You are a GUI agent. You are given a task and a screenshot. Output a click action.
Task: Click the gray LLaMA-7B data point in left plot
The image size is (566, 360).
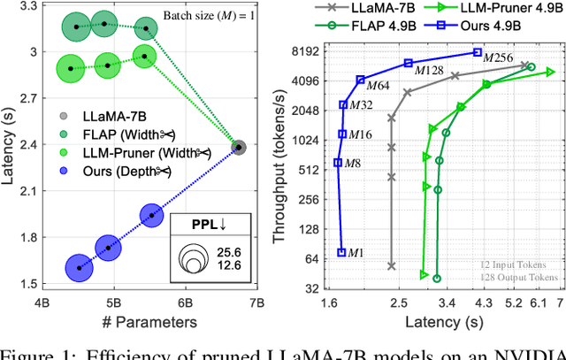239,147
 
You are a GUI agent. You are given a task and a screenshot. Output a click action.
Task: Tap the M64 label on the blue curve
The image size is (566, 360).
379,85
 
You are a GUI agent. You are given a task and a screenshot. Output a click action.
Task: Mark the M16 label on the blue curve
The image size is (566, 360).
360,134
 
